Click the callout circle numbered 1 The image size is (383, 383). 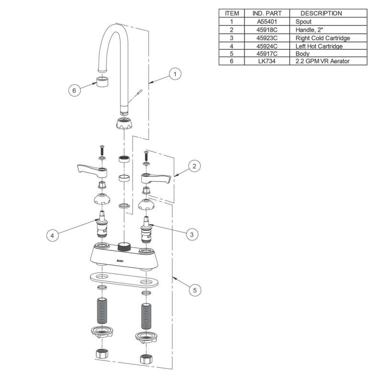175,74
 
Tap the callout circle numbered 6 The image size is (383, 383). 74,90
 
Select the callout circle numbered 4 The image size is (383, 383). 52,236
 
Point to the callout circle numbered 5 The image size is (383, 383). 195,290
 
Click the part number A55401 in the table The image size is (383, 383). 267,22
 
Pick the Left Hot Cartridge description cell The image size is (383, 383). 319,46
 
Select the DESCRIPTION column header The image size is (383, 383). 321,13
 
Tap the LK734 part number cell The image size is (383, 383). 267,61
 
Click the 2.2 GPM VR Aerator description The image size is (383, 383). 322,61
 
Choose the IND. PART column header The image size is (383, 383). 267,13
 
